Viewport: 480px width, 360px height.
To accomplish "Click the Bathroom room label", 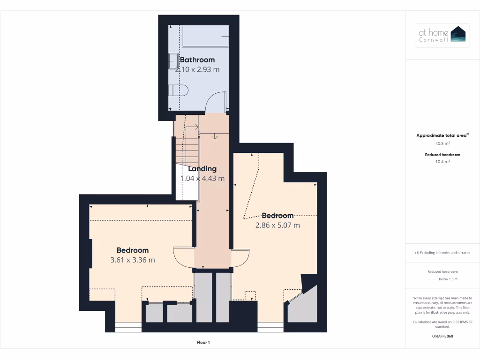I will (197, 60).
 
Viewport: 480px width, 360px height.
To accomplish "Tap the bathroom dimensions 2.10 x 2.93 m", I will (197, 69).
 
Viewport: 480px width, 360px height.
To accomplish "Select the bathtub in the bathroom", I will (205, 36).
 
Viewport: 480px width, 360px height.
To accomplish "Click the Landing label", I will (202, 169).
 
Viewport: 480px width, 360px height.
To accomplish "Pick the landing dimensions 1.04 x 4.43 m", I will (202, 178).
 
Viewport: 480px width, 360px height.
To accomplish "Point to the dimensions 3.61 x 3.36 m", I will (133, 260).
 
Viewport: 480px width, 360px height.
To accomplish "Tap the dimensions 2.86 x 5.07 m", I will (277, 225).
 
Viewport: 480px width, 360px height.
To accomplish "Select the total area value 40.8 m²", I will (442, 144).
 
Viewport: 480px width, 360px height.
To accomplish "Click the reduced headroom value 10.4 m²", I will (442, 161).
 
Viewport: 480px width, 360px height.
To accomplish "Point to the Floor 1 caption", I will (202, 343).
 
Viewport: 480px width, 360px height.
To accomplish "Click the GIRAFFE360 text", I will (442, 336).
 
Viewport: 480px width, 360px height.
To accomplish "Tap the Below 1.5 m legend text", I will (448, 279).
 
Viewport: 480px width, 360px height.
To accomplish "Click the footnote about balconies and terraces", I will (442, 253).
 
